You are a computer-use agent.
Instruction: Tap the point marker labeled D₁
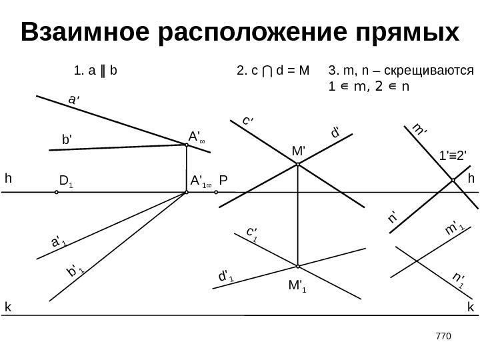57,192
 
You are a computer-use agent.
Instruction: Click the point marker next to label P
217,192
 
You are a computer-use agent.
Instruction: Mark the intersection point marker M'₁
297,266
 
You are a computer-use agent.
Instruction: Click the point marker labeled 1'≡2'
453,180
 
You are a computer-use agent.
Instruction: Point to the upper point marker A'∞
187,146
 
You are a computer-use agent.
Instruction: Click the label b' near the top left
66,141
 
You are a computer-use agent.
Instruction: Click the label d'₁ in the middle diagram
227,275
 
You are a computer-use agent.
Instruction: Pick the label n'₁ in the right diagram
458,280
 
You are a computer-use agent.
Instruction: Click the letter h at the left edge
9,179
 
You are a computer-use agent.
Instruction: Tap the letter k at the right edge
471,307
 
